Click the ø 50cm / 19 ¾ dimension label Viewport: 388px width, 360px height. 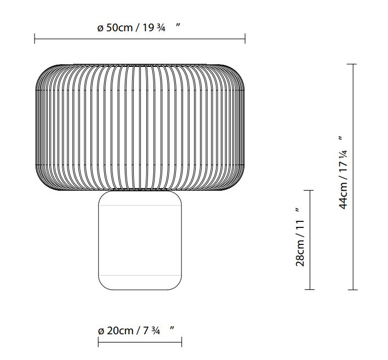click(139, 27)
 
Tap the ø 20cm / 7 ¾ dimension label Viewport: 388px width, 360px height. click(136, 330)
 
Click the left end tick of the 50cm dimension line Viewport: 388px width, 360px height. click(35, 38)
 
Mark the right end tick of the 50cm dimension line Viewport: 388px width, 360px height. click(244, 38)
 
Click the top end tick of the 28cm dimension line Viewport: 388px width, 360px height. click(311, 191)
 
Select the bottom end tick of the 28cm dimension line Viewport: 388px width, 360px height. click(311, 289)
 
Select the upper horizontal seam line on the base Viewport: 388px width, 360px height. click(140, 205)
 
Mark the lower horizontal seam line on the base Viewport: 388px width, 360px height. click(140, 275)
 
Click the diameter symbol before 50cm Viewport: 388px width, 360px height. click(100, 28)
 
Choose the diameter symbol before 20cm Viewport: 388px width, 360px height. click(101, 330)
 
